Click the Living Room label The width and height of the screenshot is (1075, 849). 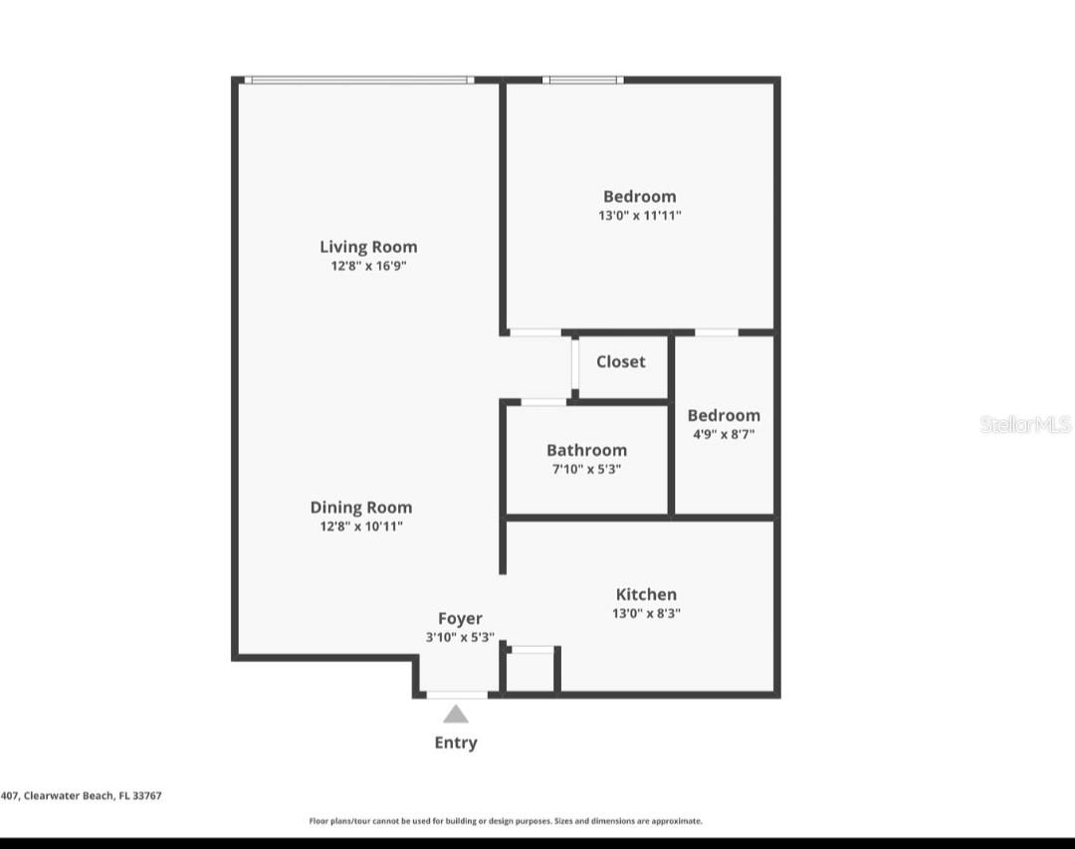(368, 247)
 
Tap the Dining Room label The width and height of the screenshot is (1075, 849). (360, 508)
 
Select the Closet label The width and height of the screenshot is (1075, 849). (620, 362)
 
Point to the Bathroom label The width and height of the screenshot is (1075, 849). (586, 451)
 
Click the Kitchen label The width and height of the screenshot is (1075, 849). (646, 595)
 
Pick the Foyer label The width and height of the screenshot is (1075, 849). (460, 619)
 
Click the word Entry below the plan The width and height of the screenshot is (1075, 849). (456, 743)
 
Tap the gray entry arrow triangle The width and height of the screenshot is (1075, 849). (456, 714)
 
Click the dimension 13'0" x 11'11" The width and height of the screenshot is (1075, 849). (639, 215)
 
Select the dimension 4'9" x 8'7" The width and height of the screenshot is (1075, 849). (724, 434)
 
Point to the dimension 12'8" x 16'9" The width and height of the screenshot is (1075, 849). (368, 267)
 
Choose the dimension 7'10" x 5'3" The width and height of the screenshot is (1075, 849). (586, 470)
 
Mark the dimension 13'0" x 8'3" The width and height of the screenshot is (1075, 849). (646, 614)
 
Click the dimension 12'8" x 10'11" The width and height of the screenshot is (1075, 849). (360, 527)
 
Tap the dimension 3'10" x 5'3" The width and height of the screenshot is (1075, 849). (460, 638)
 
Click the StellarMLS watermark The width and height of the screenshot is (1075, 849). (1025, 425)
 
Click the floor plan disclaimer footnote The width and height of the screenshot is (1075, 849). (506, 821)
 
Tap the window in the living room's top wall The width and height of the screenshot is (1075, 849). (358, 81)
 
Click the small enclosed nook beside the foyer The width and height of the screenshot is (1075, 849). (531, 671)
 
